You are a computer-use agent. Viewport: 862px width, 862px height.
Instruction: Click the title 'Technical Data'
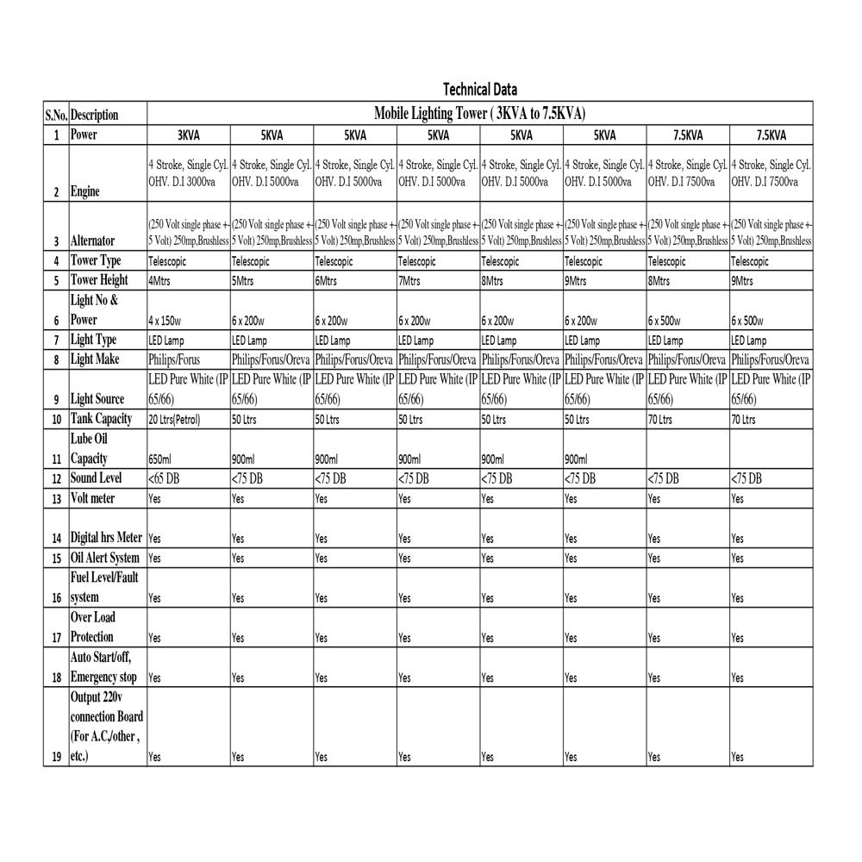click(x=479, y=90)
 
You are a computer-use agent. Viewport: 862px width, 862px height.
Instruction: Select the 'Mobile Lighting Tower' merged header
click(x=479, y=114)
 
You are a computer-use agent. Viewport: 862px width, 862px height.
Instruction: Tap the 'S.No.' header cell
click(x=56, y=115)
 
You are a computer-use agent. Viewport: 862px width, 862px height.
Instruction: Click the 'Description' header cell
click(x=95, y=115)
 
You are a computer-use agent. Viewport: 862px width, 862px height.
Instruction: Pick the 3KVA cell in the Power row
click(x=189, y=135)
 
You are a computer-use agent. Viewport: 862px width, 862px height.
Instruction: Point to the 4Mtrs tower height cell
click(x=161, y=281)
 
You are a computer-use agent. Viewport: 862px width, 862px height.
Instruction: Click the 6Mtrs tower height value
click(x=328, y=281)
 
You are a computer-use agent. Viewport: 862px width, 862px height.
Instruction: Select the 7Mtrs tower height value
click(x=412, y=281)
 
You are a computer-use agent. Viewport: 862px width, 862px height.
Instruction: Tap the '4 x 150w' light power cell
click(x=166, y=321)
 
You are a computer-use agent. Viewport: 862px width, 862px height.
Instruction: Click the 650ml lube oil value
click(x=161, y=459)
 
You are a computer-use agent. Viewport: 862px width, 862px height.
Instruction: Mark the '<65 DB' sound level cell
click(x=165, y=478)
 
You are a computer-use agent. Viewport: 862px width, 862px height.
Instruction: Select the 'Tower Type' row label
click(x=96, y=260)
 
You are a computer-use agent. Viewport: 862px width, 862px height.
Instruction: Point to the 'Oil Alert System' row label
click(x=105, y=558)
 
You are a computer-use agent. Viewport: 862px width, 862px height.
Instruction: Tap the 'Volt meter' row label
click(x=93, y=498)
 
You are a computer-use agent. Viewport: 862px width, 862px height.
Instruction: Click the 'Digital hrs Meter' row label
click(x=106, y=538)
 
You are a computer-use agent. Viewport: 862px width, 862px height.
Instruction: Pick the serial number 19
click(x=56, y=757)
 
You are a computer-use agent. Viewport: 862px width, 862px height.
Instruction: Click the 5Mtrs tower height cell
click(x=245, y=281)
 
